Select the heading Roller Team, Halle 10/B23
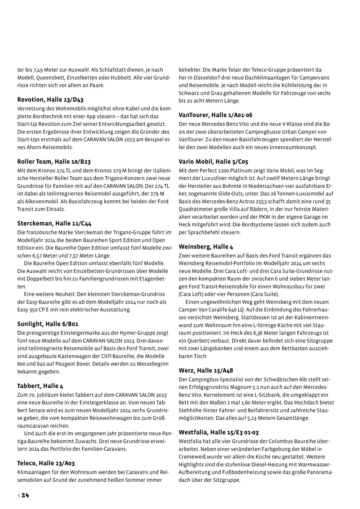(54, 162)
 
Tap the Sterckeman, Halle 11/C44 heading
(54, 224)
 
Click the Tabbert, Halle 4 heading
(40, 386)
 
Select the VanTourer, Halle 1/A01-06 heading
(215, 115)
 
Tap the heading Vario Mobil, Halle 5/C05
(213, 162)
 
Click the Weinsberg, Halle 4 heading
(206, 247)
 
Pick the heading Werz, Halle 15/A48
(206, 371)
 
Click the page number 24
(25, 495)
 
